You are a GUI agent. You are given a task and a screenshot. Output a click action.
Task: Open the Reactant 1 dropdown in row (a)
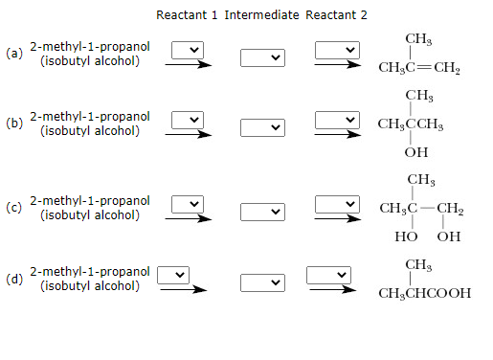pos(188,49)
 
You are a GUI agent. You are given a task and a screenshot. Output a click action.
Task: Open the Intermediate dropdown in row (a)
pos(263,58)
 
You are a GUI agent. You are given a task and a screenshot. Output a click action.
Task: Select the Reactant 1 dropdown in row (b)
pos(188,119)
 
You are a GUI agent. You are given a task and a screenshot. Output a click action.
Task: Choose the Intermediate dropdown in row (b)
pos(263,127)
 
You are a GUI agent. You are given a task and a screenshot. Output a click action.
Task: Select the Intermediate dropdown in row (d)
pos(263,282)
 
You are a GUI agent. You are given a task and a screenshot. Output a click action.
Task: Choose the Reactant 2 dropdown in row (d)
pos(324,275)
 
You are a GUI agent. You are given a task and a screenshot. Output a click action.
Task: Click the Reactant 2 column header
pos(336,15)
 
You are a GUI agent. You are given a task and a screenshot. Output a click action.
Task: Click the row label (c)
pos(13,207)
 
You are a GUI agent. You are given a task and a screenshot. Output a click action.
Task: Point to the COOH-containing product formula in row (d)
pos(424,293)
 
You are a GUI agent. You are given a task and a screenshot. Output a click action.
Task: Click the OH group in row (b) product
pos(416,151)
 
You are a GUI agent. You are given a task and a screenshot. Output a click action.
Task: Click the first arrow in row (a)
pos(188,65)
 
